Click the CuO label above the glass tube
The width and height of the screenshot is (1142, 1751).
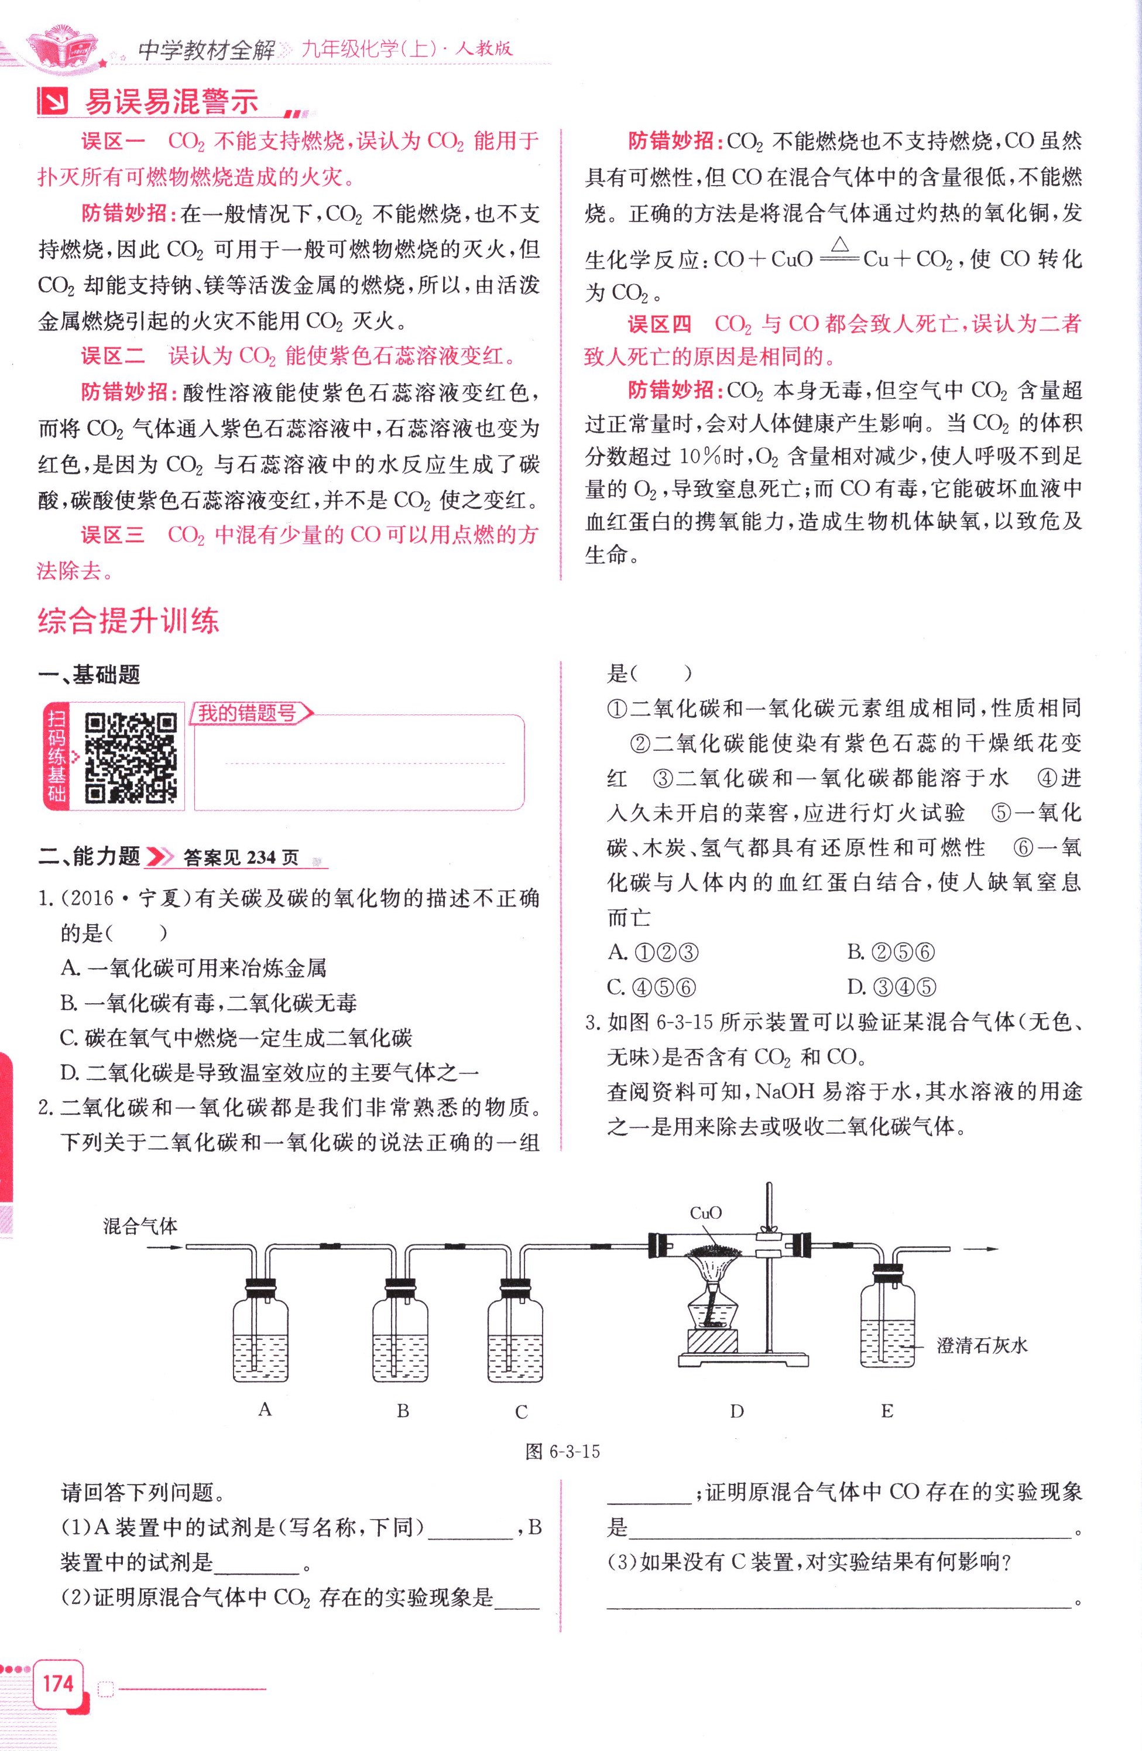click(x=706, y=1213)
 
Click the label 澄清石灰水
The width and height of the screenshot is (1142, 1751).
click(x=982, y=1346)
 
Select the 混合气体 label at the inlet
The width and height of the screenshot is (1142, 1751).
click(x=140, y=1226)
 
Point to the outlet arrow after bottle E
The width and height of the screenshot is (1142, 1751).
click(x=982, y=1249)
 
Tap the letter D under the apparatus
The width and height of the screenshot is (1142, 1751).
click(x=737, y=1411)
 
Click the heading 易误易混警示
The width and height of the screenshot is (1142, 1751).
click(x=172, y=102)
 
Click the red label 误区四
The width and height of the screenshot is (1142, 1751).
click(x=660, y=324)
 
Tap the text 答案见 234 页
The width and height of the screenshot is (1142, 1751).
click(x=241, y=857)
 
